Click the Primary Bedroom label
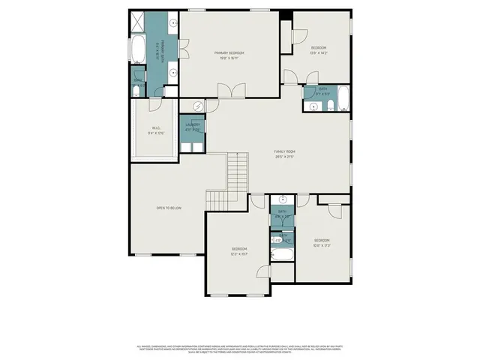point(229,52)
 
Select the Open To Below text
point(169,208)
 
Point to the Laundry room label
point(193,124)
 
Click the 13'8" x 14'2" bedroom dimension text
point(319,52)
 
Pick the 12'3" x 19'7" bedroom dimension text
point(239,253)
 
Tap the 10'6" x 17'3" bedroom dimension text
point(322,244)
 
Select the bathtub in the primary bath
point(138,50)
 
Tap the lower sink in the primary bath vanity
point(173,73)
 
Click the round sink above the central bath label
point(283,199)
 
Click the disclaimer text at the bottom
point(239,349)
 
